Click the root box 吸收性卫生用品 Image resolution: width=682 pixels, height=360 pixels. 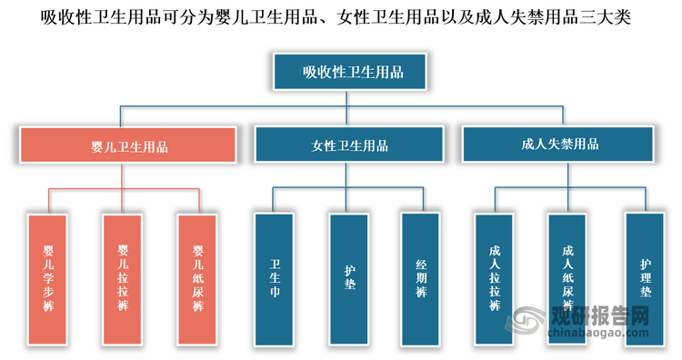pos(354,72)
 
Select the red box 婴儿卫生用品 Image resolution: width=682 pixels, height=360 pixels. pos(128,145)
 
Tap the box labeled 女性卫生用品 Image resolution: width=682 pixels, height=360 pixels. pos(349,145)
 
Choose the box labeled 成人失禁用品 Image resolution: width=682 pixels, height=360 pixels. pos(560,144)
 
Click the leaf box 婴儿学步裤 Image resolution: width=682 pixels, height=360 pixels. pos(48,279)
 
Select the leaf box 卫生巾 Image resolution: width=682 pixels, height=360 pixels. pos(275,279)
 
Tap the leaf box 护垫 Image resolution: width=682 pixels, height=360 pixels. pos(349,279)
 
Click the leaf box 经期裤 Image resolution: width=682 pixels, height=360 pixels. pos(421,279)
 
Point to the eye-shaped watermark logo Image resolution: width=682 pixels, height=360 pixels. pos(527,323)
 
